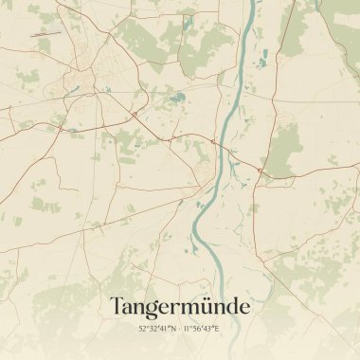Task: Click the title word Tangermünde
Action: pos(180,307)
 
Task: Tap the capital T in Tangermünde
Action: pos(117,306)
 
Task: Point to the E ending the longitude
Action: pos(217,329)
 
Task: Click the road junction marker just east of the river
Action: pos(259,171)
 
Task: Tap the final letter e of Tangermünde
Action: pos(244,309)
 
